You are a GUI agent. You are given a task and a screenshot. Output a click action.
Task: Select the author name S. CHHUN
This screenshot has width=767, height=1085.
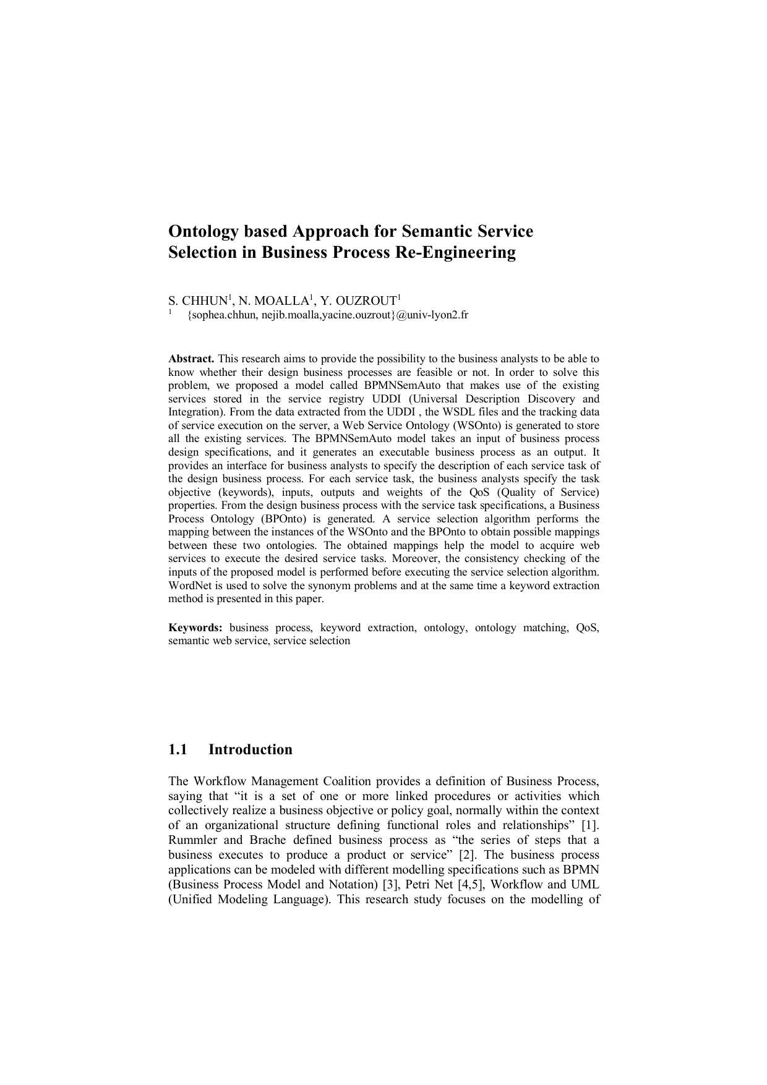198,302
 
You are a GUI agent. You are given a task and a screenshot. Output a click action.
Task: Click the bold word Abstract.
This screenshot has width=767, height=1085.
191,359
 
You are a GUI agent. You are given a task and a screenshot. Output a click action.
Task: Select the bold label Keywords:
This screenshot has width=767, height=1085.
195,628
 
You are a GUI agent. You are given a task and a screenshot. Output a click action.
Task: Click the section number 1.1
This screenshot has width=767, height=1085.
178,749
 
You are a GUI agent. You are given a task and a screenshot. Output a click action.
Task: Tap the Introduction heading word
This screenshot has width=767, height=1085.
250,749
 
